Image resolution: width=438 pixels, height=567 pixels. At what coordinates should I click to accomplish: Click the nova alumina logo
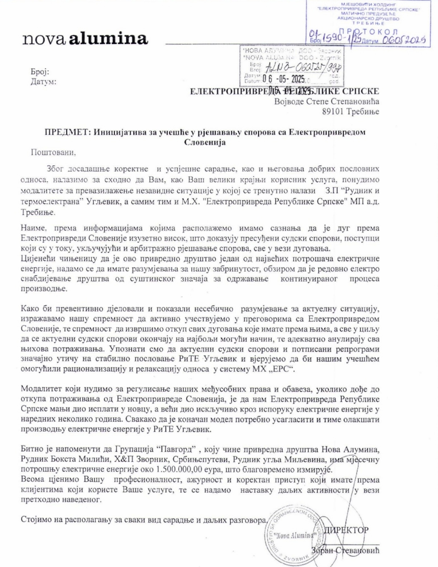(x=85, y=38)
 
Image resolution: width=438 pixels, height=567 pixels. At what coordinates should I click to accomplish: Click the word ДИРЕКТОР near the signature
(x=346, y=530)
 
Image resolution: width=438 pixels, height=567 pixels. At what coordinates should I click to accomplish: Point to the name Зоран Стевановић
(x=345, y=551)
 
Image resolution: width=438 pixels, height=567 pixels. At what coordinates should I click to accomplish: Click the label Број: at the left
(x=40, y=72)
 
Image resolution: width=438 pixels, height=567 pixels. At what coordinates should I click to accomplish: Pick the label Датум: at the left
(x=43, y=82)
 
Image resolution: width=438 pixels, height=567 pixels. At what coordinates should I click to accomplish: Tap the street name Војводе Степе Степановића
(x=327, y=102)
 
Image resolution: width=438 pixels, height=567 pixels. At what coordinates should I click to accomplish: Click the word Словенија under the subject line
(x=205, y=142)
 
